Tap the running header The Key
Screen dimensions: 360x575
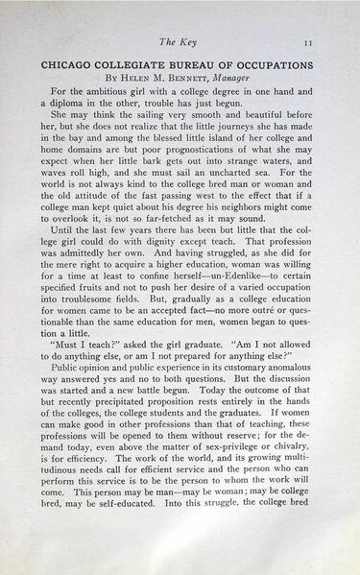point(181,40)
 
